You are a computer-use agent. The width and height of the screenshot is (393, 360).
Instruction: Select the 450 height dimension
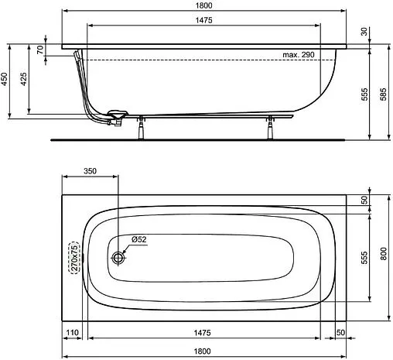[x=7, y=77]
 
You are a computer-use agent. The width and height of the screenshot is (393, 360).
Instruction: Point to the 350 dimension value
[x=90, y=172]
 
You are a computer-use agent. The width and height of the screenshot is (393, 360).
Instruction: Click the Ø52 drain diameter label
[x=139, y=239]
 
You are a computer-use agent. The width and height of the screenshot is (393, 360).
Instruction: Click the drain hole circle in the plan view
[x=118, y=256]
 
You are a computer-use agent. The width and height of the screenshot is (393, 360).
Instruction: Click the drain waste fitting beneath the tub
[x=116, y=118]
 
